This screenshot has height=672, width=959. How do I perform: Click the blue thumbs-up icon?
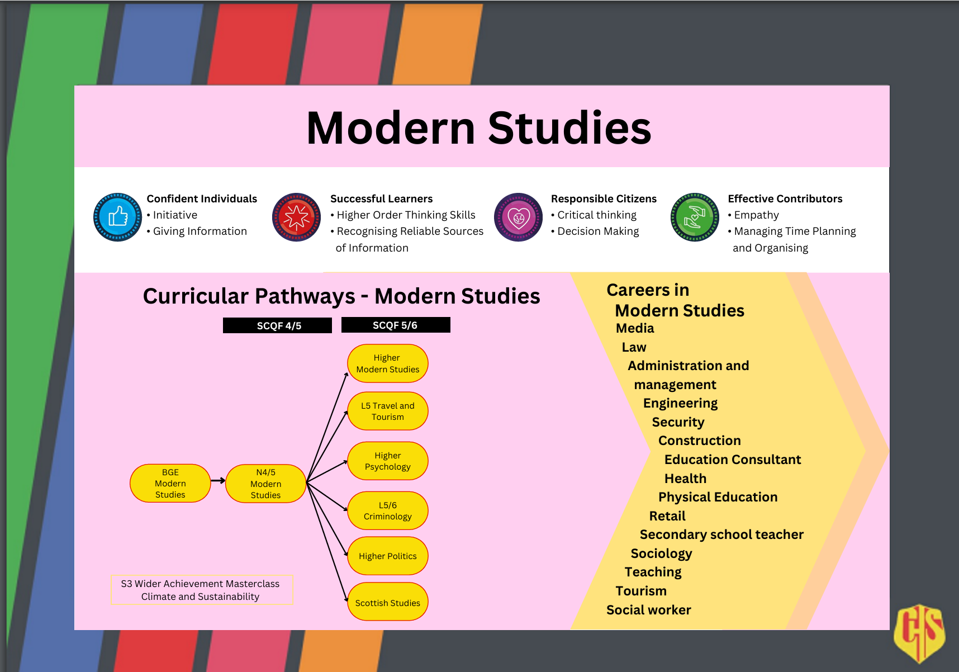pos(117,217)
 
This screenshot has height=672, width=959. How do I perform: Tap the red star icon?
pos(296,217)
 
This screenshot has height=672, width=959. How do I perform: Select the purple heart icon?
pos(518,217)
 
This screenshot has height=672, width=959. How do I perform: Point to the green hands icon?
pos(695,217)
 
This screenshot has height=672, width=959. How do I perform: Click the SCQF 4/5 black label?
pos(277,325)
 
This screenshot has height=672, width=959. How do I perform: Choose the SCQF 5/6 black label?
pos(395,325)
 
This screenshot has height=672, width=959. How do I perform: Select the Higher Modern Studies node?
pos(387,363)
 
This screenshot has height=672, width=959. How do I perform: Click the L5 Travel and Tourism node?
pos(387,411)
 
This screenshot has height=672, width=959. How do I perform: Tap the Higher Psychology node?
pos(387,461)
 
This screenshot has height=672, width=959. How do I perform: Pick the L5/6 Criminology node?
pos(387,510)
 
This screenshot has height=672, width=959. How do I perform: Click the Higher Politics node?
pos(387,556)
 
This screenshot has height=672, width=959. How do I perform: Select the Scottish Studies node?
pos(387,602)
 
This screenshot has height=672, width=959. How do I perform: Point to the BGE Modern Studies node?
pos(170,483)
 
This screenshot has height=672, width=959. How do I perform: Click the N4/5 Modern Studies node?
pos(265,484)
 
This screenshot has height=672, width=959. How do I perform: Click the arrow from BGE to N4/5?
pos(218,480)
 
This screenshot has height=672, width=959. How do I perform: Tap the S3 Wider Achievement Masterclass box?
pos(202,590)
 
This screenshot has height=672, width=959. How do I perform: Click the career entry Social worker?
pos(648,610)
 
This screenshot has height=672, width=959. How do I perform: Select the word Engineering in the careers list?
pos(680,403)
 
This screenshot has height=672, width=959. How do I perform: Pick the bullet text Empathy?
pos(756,215)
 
